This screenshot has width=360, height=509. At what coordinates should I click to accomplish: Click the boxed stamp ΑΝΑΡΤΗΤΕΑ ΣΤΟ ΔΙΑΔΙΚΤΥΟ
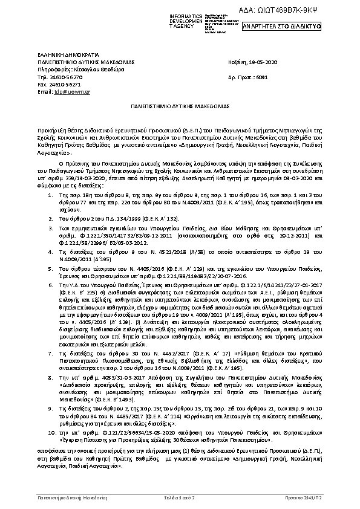coord(281,27)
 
